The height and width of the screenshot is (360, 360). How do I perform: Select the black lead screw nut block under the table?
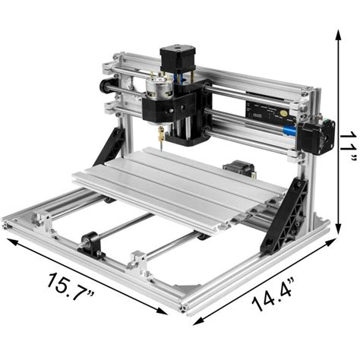point(91,245)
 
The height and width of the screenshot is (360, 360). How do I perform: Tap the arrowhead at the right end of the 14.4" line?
point(334,242)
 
